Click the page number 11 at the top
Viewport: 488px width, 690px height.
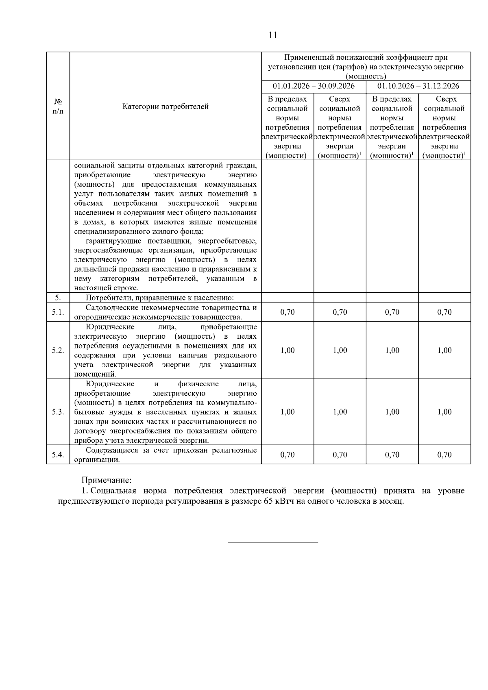click(x=273, y=35)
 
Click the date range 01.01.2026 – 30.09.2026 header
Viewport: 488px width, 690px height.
click(x=314, y=86)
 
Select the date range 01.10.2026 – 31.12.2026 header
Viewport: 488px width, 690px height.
click(x=418, y=86)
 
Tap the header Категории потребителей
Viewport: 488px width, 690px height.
click(x=166, y=107)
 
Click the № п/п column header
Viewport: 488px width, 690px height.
click(x=58, y=107)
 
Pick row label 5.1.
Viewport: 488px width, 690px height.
click(x=58, y=312)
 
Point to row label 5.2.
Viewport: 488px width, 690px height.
click(x=58, y=350)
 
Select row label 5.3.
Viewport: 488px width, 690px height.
click(x=58, y=412)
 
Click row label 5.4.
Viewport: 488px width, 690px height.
click(x=58, y=455)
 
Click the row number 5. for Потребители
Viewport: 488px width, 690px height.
click(x=58, y=298)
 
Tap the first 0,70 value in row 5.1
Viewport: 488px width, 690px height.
click(x=288, y=312)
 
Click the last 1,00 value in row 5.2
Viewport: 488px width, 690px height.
click(x=444, y=350)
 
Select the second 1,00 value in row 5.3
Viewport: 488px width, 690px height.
click(x=340, y=412)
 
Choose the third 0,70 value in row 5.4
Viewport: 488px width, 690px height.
click(x=392, y=455)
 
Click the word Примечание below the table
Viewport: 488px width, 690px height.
click(x=107, y=481)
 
